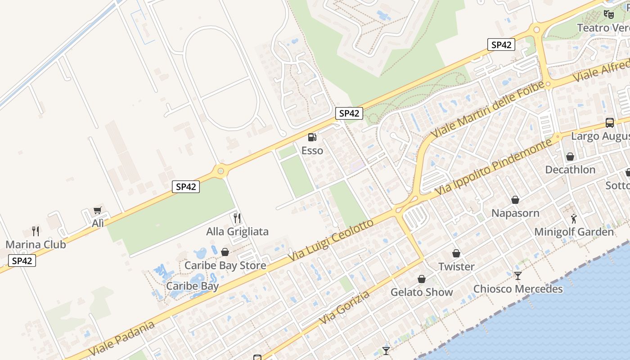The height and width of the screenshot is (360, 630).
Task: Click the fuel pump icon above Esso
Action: click(312, 137)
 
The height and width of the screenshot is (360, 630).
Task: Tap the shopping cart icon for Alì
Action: click(97, 210)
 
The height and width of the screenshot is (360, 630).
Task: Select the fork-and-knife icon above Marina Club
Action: click(36, 231)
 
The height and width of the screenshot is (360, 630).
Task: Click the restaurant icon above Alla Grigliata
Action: click(237, 218)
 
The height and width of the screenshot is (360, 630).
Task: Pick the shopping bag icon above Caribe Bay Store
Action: click(225, 252)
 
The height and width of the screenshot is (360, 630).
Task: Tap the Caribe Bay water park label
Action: click(193, 286)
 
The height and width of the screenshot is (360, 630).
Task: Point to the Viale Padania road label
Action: click(122, 337)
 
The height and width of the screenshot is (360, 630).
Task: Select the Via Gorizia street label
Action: click(345, 307)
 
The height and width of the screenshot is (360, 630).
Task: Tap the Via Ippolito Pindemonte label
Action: click(493, 167)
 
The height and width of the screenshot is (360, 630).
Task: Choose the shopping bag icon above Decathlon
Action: click(570, 157)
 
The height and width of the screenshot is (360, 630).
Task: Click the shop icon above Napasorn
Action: click(515, 200)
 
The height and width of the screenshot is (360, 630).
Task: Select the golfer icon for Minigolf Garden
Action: click(574, 219)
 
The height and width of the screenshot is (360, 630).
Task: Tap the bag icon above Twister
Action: click(456, 253)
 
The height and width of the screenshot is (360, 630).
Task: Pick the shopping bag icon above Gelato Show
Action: click(422, 279)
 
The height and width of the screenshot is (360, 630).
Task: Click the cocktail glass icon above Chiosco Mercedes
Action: click(518, 275)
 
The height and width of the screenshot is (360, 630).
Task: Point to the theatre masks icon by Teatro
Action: click(609, 14)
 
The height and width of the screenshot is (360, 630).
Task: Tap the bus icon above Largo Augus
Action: click(610, 122)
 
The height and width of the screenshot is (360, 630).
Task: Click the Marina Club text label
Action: click(36, 245)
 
